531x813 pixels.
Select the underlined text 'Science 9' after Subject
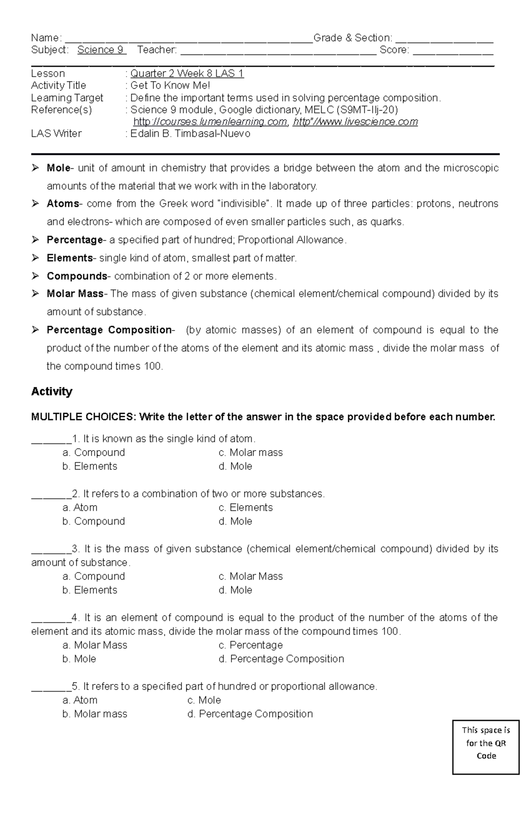pyautogui.click(x=101, y=50)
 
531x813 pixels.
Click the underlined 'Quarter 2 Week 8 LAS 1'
pyautogui.click(x=187, y=74)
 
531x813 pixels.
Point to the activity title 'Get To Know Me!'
pyautogui.click(x=170, y=86)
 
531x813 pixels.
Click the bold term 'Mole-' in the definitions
pyautogui.click(x=58, y=168)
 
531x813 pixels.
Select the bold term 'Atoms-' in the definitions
pyautogui.click(x=63, y=204)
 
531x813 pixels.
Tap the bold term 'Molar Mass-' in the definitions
pyautogui.click(x=75, y=294)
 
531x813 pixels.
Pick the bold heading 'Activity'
pyautogui.click(x=52, y=392)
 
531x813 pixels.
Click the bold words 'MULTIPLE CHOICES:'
pyautogui.click(x=84, y=417)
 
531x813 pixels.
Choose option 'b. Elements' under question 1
pyautogui.click(x=90, y=467)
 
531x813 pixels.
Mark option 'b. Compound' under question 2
pyautogui.click(x=94, y=521)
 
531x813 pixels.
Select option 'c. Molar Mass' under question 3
pyautogui.click(x=250, y=576)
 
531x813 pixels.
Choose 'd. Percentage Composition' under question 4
pyautogui.click(x=281, y=659)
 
